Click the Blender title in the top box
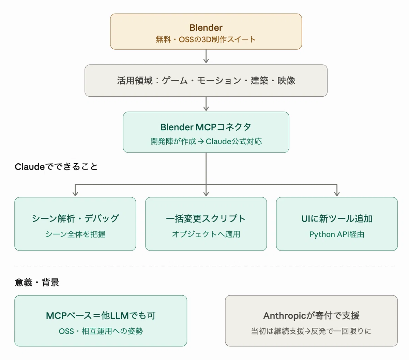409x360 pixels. point(206,28)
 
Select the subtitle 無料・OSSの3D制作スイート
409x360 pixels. point(206,39)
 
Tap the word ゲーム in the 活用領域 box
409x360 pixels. point(175,80)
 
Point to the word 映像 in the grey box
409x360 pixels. point(286,80)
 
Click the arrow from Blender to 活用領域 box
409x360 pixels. point(206,56)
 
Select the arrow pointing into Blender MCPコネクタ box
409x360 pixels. point(206,104)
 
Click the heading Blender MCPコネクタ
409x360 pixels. point(206,127)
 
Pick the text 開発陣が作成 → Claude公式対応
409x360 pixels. point(206,141)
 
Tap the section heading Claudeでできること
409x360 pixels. point(56,167)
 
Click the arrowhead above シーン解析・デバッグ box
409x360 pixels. point(75,194)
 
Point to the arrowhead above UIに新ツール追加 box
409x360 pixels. point(337,194)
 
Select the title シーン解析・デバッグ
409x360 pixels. point(75,218)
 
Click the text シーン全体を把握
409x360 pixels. point(75,234)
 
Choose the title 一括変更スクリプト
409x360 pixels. point(206,218)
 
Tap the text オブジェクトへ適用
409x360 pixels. point(206,234)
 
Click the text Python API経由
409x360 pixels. point(337,234)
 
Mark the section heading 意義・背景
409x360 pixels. point(37,282)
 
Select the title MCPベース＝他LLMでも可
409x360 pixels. point(101,315)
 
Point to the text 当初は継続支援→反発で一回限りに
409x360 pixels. point(311,331)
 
